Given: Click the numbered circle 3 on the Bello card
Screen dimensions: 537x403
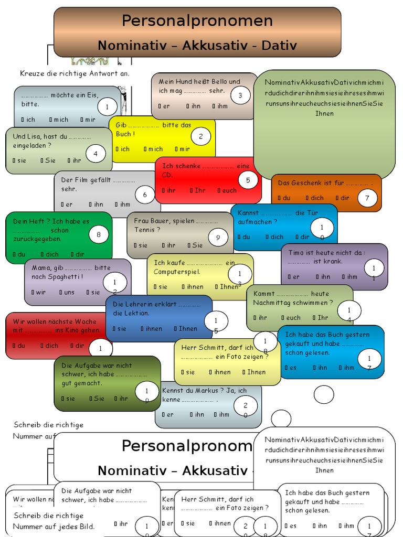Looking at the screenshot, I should [x=240, y=95].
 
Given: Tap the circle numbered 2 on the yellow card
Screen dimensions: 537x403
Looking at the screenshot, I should [x=200, y=137].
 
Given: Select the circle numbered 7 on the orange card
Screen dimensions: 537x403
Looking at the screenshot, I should [x=367, y=198].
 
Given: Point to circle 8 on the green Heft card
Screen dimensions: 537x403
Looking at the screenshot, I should [x=99, y=234].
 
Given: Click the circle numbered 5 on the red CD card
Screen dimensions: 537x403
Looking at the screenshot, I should [x=248, y=180].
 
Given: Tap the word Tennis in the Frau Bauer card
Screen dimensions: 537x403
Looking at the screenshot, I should [x=144, y=230].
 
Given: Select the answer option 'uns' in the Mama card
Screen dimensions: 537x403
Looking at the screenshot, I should [x=69, y=292].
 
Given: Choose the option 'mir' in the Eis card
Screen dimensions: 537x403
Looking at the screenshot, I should [x=90, y=120].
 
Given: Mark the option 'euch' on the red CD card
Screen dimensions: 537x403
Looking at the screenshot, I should [x=229, y=190].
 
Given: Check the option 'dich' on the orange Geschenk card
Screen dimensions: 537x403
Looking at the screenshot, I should [x=317, y=198].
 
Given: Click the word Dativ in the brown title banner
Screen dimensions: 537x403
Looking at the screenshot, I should [x=278, y=45].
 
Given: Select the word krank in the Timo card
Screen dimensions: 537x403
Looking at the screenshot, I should [x=333, y=261].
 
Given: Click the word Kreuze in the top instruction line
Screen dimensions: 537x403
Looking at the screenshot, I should [x=31, y=73].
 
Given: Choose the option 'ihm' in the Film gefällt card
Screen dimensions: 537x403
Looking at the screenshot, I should [x=125, y=205].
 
